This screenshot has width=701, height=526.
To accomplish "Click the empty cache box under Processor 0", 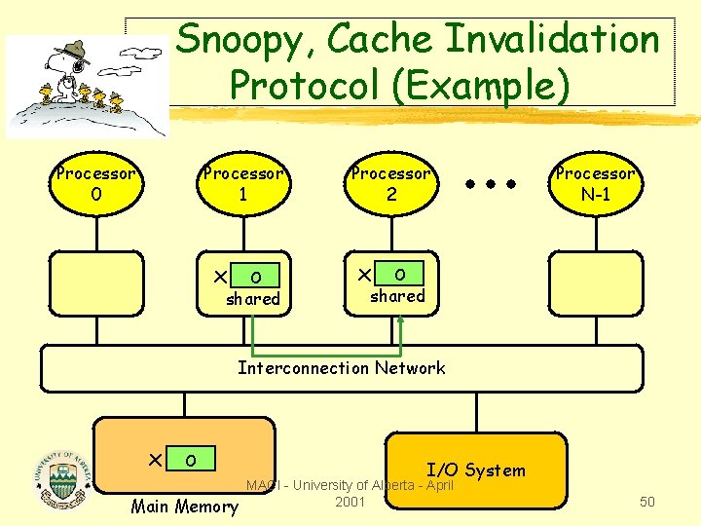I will click(x=96, y=283).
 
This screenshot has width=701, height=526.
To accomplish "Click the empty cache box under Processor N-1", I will click(x=595, y=283).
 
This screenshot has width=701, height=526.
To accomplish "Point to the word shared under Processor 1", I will click(x=253, y=299).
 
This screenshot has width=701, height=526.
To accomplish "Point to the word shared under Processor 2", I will click(x=397, y=295).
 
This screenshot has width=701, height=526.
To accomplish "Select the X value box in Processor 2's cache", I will click(x=400, y=273).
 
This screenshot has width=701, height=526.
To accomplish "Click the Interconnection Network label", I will click(x=342, y=368).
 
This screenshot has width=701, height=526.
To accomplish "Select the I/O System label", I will click(x=476, y=470).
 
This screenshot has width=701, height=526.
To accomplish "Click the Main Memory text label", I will click(x=184, y=506).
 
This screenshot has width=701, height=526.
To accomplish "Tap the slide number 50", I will click(x=646, y=502).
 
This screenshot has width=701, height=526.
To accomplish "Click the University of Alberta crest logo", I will click(x=62, y=478).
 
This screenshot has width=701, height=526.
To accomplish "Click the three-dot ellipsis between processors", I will click(x=489, y=183).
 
